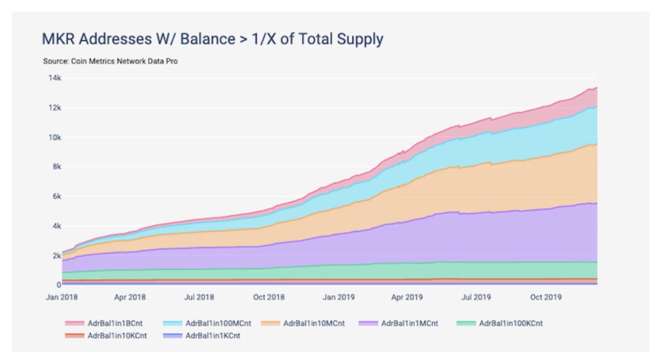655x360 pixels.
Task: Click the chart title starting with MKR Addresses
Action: click(212, 39)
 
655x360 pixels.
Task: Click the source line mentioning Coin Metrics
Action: click(110, 61)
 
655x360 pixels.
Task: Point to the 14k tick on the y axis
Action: click(54, 78)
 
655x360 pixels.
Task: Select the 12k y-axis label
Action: click(54, 108)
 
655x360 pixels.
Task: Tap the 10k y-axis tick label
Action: click(54, 138)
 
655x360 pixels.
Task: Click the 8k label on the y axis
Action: click(56, 167)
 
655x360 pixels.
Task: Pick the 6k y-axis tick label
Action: click(56, 196)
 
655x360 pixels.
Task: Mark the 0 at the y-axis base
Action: click(59, 285)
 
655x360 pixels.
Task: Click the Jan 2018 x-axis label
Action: click(62, 298)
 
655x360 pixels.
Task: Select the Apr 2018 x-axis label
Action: click(129, 298)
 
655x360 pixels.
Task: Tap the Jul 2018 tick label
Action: click(198, 298)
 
